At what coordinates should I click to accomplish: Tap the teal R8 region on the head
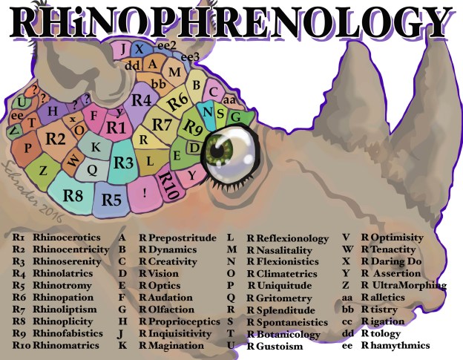[72, 196]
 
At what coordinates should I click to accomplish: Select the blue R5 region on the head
[111, 199]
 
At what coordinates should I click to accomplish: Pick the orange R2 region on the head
[55, 137]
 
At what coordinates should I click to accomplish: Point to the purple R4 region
[141, 99]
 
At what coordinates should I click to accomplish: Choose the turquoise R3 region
[123, 163]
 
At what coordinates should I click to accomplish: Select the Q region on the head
[93, 169]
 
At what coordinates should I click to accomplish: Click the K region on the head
[96, 147]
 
